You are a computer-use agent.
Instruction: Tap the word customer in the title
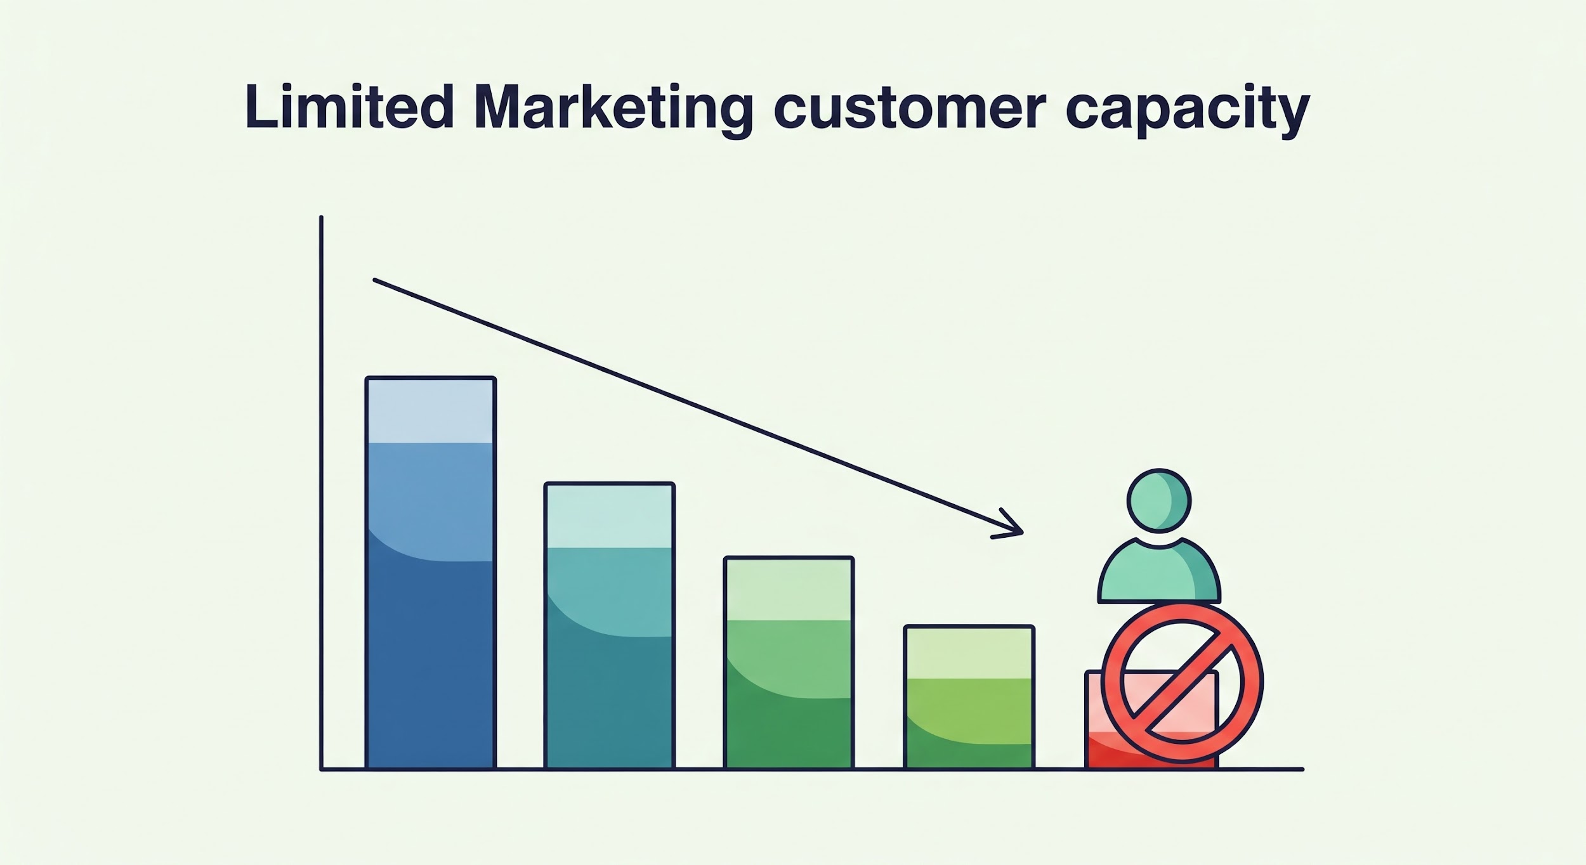click(909, 110)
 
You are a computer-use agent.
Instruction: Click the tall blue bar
click(431, 573)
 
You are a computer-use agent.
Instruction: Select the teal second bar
click(610, 626)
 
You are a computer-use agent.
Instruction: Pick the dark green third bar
click(789, 663)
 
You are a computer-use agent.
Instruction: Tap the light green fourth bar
click(969, 698)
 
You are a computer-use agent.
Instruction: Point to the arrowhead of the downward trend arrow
click(1021, 532)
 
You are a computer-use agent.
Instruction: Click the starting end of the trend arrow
click(375, 280)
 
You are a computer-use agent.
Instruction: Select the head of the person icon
click(1159, 500)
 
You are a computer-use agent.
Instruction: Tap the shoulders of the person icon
click(1159, 571)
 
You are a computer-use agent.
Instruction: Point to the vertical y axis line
click(321, 493)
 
